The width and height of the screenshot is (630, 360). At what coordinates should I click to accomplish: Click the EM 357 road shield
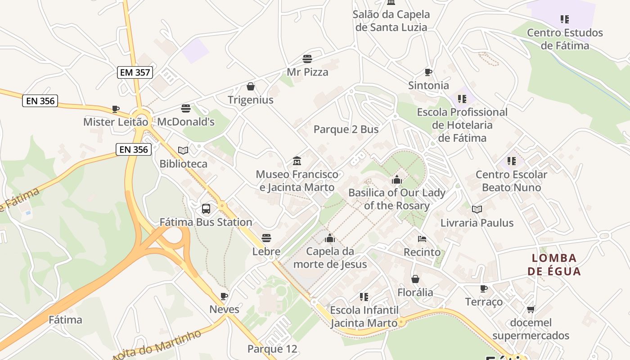click(x=135, y=72)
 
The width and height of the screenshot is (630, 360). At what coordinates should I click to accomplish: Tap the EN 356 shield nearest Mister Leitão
click(x=40, y=101)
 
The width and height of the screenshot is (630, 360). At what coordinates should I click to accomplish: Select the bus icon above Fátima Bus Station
click(x=206, y=209)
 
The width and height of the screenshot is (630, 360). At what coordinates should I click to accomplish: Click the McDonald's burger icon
click(x=186, y=108)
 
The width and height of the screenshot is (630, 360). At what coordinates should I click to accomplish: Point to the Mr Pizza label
click(x=307, y=72)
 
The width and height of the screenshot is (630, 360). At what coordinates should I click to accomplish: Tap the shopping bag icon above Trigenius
click(x=251, y=86)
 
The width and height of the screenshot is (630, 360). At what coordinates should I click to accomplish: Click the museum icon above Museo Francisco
click(x=297, y=161)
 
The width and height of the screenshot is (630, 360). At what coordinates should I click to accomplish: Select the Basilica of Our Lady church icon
click(x=396, y=180)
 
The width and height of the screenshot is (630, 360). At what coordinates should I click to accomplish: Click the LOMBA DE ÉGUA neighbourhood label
click(x=554, y=265)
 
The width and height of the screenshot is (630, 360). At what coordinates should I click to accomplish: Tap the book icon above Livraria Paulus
click(x=477, y=209)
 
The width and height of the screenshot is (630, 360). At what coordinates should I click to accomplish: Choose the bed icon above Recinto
click(x=422, y=238)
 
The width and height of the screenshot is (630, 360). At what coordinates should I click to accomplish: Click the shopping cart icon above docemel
click(x=531, y=309)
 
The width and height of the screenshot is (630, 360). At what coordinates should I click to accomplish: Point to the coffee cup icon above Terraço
click(x=484, y=288)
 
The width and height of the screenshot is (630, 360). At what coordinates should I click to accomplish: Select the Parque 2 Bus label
click(x=346, y=130)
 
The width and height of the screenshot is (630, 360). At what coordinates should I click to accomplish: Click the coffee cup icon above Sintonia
click(x=428, y=72)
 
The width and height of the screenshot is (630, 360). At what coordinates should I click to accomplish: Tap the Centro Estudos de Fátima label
click(x=565, y=39)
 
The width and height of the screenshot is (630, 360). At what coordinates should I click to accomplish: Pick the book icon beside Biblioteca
click(x=183, y=150)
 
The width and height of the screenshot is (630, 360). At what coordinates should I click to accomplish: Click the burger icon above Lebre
click(x=266, y=238)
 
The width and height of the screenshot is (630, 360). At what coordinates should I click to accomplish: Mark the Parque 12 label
click(x=272, y=349)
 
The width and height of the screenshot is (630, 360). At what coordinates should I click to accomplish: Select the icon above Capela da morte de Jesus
click(x=330, y=238)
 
